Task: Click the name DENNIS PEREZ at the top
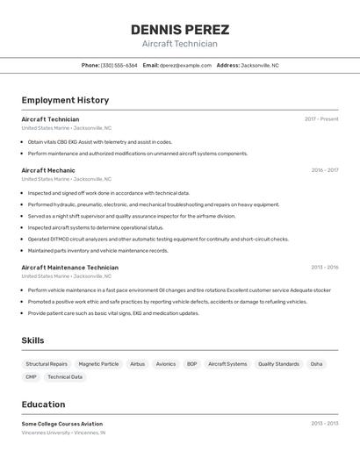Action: click(x=180, y=30)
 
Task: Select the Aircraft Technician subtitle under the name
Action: click(x=180, y=44)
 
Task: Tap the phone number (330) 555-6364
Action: click(x=119, y=65)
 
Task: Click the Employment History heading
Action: click(x=65, y=100)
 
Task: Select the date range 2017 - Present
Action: click(x=321, y=119)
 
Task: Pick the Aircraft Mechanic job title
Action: click(x=48, y=170)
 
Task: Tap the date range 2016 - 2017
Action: click(x=325, y=170)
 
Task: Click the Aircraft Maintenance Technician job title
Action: click(x=69, y=268)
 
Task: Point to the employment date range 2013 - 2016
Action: click(x=325, y=268)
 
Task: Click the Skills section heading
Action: click(x=32, y=340)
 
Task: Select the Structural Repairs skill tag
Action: click(x=47, y=364)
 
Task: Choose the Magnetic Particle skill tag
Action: click(x=98, y=364)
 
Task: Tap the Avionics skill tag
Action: click(x=166, y=364)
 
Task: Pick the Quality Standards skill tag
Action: click(x=278, y=364)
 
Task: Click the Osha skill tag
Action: click(x=316, y=364)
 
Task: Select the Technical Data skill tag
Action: click(x=65, y=377)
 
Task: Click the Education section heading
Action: click(x=43, y=404)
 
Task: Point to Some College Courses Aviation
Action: click(x=61, y=424)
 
